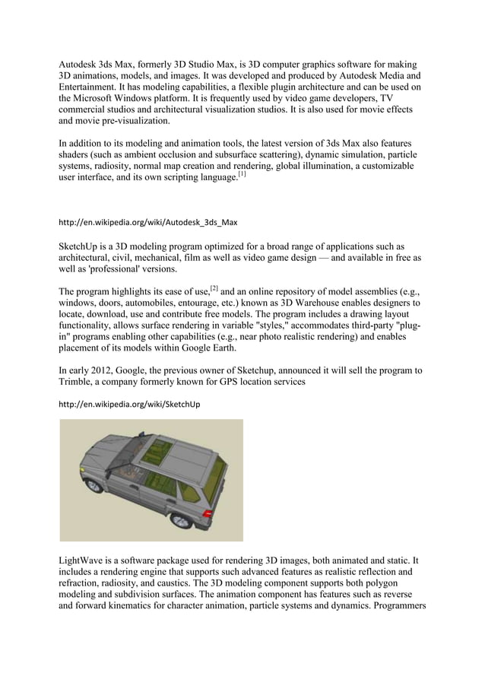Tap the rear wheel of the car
[182, 522]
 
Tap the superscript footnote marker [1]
[241, 173]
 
